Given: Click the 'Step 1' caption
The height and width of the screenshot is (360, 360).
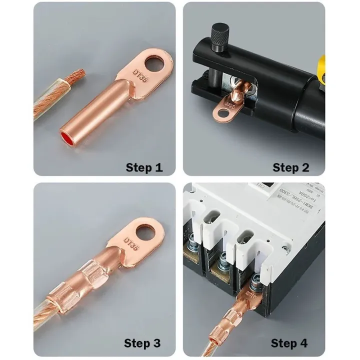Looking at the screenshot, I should (x=144, y=167).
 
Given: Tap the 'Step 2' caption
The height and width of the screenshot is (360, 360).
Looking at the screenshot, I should (x=291, y=167).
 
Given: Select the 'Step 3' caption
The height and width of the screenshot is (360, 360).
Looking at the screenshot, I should (x=142, y=343).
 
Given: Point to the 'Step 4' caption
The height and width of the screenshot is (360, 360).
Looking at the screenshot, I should (x=290, y=343).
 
